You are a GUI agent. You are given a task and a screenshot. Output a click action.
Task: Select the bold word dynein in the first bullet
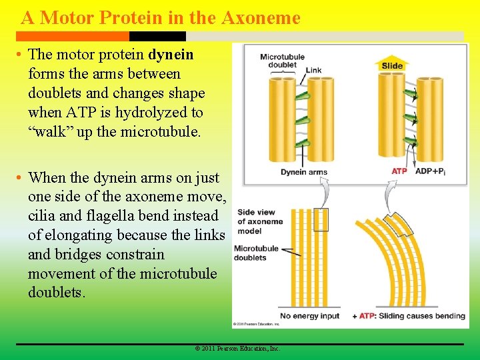[x=171, y=55]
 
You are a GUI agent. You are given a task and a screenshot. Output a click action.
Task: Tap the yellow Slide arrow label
[x=392, y=65]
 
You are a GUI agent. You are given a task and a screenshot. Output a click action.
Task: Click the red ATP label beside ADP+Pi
[x=399, y=171]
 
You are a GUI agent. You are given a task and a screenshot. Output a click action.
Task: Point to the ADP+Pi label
[x=431, y=171]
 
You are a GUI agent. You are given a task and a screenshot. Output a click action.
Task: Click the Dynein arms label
[x=303, y=172]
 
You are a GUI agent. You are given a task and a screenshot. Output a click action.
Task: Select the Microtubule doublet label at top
[x=282, y=61]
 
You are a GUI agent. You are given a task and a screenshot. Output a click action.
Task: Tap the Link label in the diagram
[x=313, y=70]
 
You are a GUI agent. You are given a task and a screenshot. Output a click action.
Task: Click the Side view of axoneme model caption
[x=260, y=221]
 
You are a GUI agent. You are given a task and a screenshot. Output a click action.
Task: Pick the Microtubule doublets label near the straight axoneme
[x=256, y=253]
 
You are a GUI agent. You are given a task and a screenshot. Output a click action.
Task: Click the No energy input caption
[x=309, y=315]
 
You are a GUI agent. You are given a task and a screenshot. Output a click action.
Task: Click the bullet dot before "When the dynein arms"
[x=20, y=178]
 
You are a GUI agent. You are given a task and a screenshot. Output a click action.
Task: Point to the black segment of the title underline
[x=147, y=36]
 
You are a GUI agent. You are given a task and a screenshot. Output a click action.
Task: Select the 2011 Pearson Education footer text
[x=237, y=349]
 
